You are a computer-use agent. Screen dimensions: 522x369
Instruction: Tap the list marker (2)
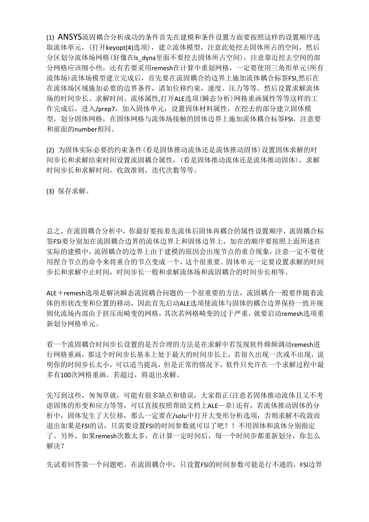pos(50,150)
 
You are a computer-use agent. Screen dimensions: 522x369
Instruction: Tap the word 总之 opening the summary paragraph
pos(53,231)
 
